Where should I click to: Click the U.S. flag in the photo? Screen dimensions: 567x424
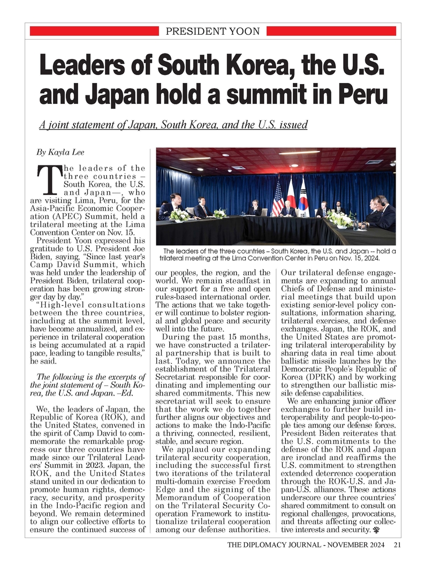(x=278, y=199)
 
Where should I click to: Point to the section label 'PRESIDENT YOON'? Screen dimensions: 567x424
(x=213, y=31)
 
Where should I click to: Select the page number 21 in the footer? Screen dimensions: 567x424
(x=397, y=546)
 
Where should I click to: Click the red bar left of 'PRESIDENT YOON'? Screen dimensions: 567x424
(x=95, y=31)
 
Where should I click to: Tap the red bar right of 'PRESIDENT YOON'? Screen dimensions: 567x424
(x=330, y=31)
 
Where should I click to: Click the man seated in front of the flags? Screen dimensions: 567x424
(x=289, y=209)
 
